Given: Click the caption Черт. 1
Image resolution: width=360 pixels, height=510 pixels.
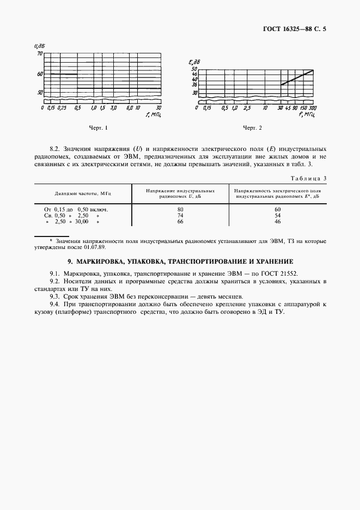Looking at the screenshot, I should (x=99, y=128).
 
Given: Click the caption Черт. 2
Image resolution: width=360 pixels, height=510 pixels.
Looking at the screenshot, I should (x=252, y=128).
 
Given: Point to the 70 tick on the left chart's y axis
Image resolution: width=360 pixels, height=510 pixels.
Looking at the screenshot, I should (x=39, y=54).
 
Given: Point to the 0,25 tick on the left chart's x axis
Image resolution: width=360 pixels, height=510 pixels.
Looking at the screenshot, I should (x=62, y=108).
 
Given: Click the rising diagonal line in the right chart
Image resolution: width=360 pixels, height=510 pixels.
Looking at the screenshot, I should (x=297, y=77).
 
